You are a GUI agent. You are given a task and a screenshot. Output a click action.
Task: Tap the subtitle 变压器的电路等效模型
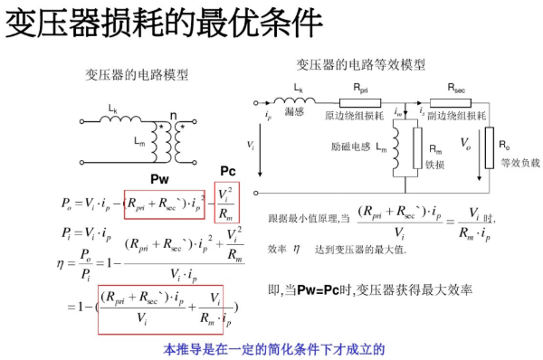coord(360,64)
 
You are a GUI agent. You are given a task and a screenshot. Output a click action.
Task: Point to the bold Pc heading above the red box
coord(228,172)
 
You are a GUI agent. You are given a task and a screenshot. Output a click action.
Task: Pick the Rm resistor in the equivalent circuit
coord(417,148)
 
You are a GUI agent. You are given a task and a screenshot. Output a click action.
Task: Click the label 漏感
coord(293,115)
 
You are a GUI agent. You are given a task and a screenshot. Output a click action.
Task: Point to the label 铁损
coord(435,165)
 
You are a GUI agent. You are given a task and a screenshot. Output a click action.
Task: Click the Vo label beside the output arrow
coord(465,143)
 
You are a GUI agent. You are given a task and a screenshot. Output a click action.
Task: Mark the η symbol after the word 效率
coord(296,248)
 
